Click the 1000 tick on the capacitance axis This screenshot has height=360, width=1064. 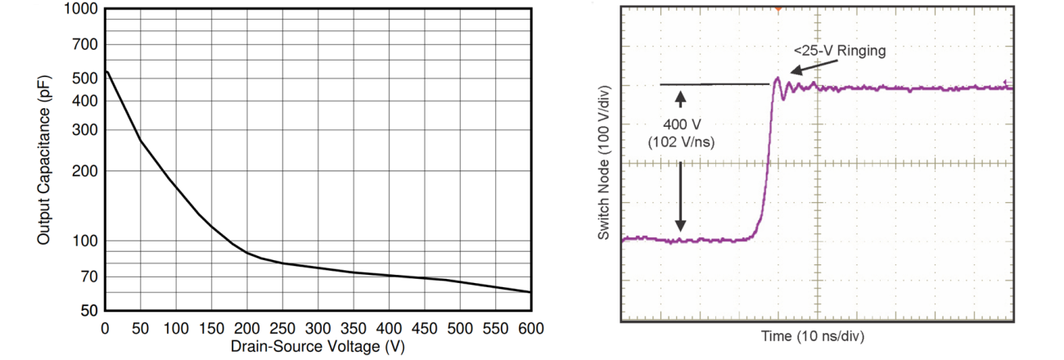click(x=83, y=9)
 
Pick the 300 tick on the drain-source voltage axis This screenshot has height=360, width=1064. click(x=318, y=328)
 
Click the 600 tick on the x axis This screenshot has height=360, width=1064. click(x=531, y=328)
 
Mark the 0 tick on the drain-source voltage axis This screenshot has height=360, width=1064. click(x=106, y=328)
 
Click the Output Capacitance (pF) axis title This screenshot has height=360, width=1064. click(x=43, y=160)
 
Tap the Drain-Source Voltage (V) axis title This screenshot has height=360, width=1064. click(x=318, y=346)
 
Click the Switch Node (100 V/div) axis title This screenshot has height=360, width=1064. click(x=604, y=162)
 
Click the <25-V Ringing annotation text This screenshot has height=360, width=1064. click(x=840, y=51)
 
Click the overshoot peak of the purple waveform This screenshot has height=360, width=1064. click(x=777, y=79)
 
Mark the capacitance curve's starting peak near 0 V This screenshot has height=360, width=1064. click(x=107, y=71)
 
